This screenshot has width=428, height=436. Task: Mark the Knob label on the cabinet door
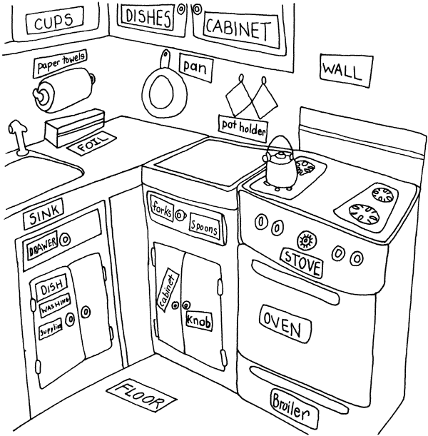pos(198,321)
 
